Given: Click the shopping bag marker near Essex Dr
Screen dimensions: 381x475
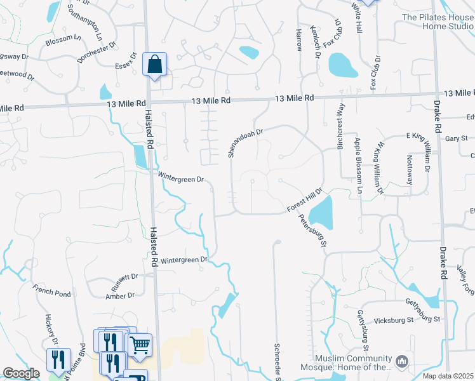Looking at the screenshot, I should [x=155, y=63].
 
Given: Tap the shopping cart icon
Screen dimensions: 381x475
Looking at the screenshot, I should [x=140, y=345].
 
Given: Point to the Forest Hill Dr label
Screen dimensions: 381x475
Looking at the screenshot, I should [x=305, y=200].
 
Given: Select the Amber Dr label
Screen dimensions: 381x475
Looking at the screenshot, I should [x=120, y=295].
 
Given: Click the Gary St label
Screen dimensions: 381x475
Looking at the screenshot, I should [x=456, y=138].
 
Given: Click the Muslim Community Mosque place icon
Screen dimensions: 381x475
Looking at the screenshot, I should [x=401, y=361].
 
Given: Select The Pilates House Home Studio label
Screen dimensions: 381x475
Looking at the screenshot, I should [x=438, y=22].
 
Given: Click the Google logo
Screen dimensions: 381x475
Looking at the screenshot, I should [x=22, y=373].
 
